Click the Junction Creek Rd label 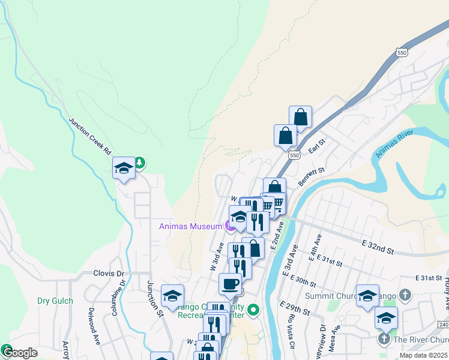[90, 134]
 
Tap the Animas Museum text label [191, 226]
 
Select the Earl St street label [316, 146]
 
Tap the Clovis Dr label [108, 273]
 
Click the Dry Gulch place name [55, 301]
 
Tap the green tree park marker [139, 162]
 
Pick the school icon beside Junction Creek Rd [124, 168]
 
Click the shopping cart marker [277, 203]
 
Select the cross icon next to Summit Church [405, 295]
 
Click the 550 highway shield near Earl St [294, 155]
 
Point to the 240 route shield [444, 325]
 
